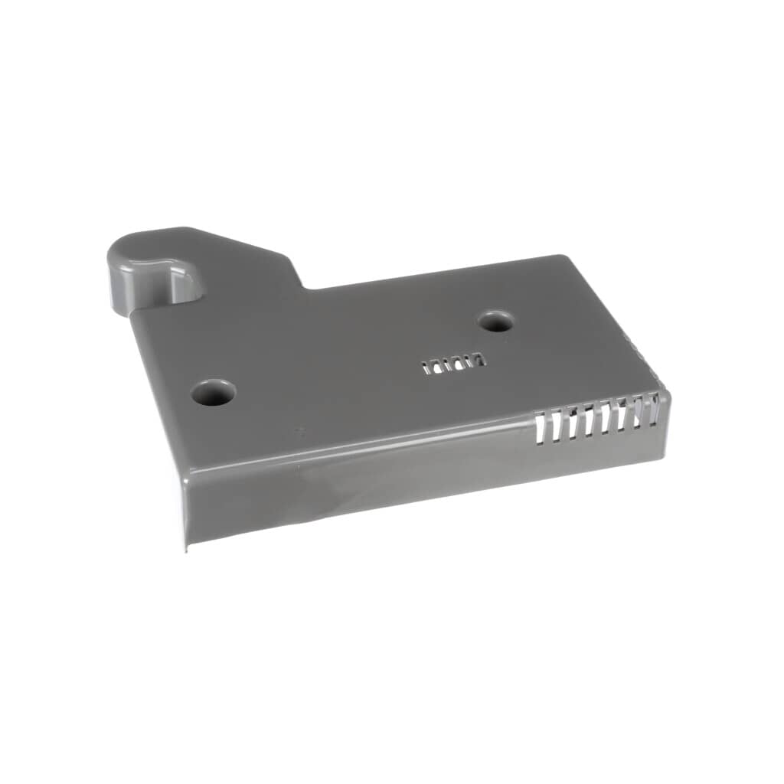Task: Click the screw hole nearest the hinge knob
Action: pyautogui.click(x=213, y=393)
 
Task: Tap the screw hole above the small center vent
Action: pyautogui.click(x=496, y=321)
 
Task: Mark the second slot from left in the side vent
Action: pyautogui.click(x=557, y=422)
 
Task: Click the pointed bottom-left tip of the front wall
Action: pyautogui.click(x=186, y=548)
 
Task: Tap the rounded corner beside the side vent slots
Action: pyautogui.click(x=665, y=398)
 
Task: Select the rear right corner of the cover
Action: pyautogui.click(x=565, y=258)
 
